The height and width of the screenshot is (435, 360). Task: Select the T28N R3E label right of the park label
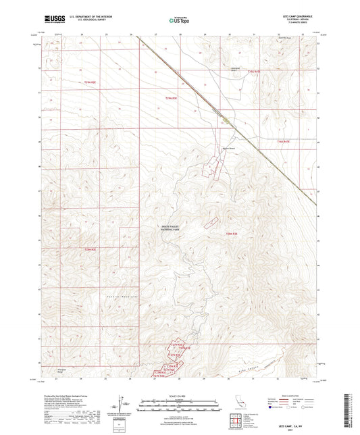[233, 233]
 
